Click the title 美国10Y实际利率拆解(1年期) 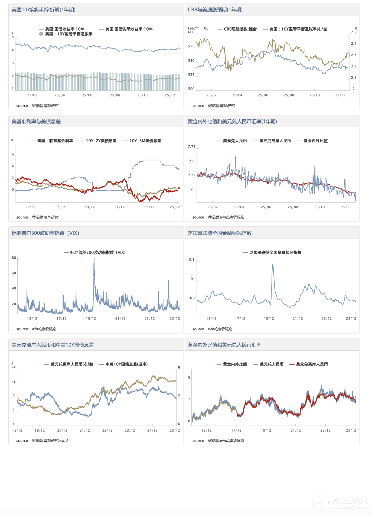(x=43, y=10)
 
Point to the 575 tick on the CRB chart (x=191, y=46)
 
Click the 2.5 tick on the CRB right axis (x=354, y=32)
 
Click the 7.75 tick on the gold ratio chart (x=191, y=147)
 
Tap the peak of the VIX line (x=94, y=257)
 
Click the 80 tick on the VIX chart (x=14, y=258)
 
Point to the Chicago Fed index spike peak (x=273, y=265)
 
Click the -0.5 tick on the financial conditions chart (x=191, y=298)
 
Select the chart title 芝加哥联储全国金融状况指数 (x=220, y=233)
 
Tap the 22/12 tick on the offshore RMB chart (x=107, y=430)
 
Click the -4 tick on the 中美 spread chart (x=14, y=367)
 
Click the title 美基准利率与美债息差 (x=36, y=122)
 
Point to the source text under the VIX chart (x=36, y=329)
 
